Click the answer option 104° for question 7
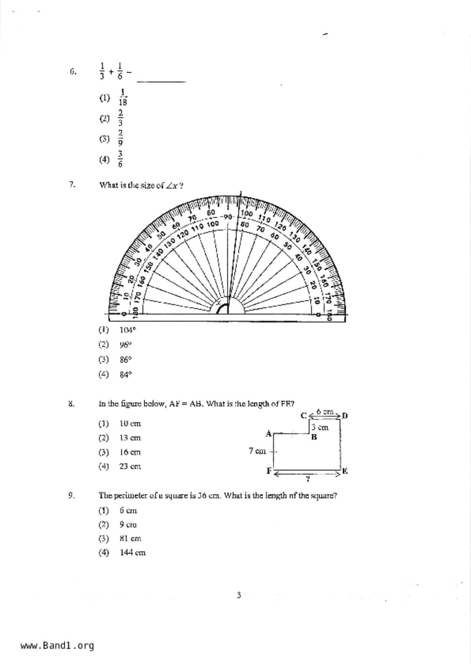pyautogui.click(x=127, y=330)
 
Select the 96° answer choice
pyautogui.click(x=125, y=345)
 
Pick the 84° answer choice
pyautogui.click(x=125, y=375)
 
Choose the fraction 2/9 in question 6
pyautogui.click(x=120, y=138)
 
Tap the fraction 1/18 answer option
pyautogui.click(x=122, y=97)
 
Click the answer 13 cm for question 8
pyautogui.click(x=130, y=438)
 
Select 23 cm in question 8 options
pyautogui.click(x=130, y=466)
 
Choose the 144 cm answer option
pyautogui.click(x=132, y=553)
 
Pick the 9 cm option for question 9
pyautogui.click(x=128, y=524)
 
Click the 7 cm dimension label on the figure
pyautogui.click(x=257, y=451)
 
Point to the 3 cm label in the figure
pyautogui.click(x=320, y=427)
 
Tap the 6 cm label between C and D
pyautogui.click(x=325, y=411)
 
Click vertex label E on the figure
pyautogui.click(x=345, y=471)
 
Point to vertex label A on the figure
pyautogui.click(x=268, y=434)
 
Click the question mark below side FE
pyautogui.click(x=308, y=479)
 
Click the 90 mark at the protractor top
pyautogui.click(x=228, y=217)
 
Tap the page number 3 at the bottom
pyautogui.click(x=239, y=595)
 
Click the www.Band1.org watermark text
pyautogui.click(x=57, y=646)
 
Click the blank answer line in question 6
pyautogui.click(x=161, y=81)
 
